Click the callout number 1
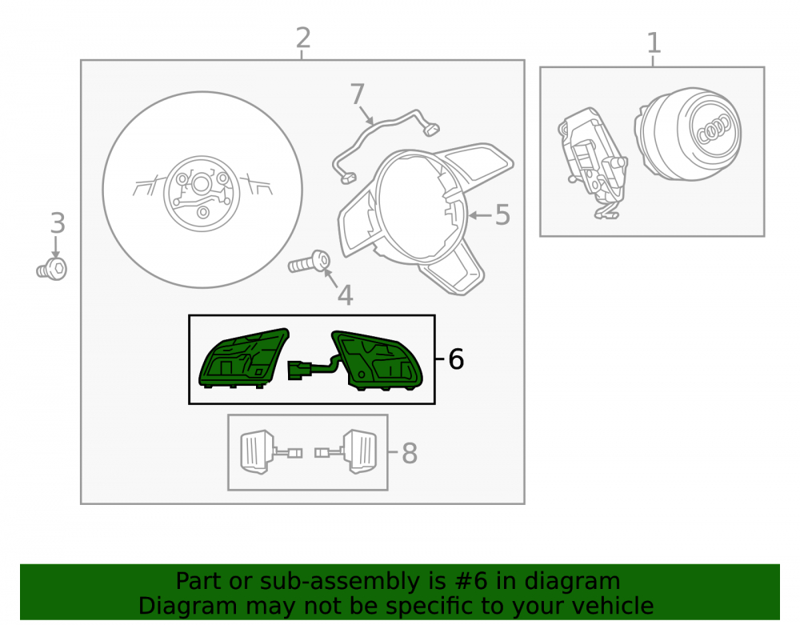point(654,43)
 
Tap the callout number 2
point(303,38)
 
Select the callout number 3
point(58,223)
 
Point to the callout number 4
point(346,295)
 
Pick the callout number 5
point(502,214)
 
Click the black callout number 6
point(456,359)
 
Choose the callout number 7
point(358,94)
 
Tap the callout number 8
point(410,453)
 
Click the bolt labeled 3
point(52,269)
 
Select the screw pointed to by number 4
point(309,262)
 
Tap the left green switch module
point(243,358)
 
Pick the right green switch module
point(378,360)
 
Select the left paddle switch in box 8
point(257,451)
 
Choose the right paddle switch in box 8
point(360,451)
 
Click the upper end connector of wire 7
point(432,130)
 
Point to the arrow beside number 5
point(480,216)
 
